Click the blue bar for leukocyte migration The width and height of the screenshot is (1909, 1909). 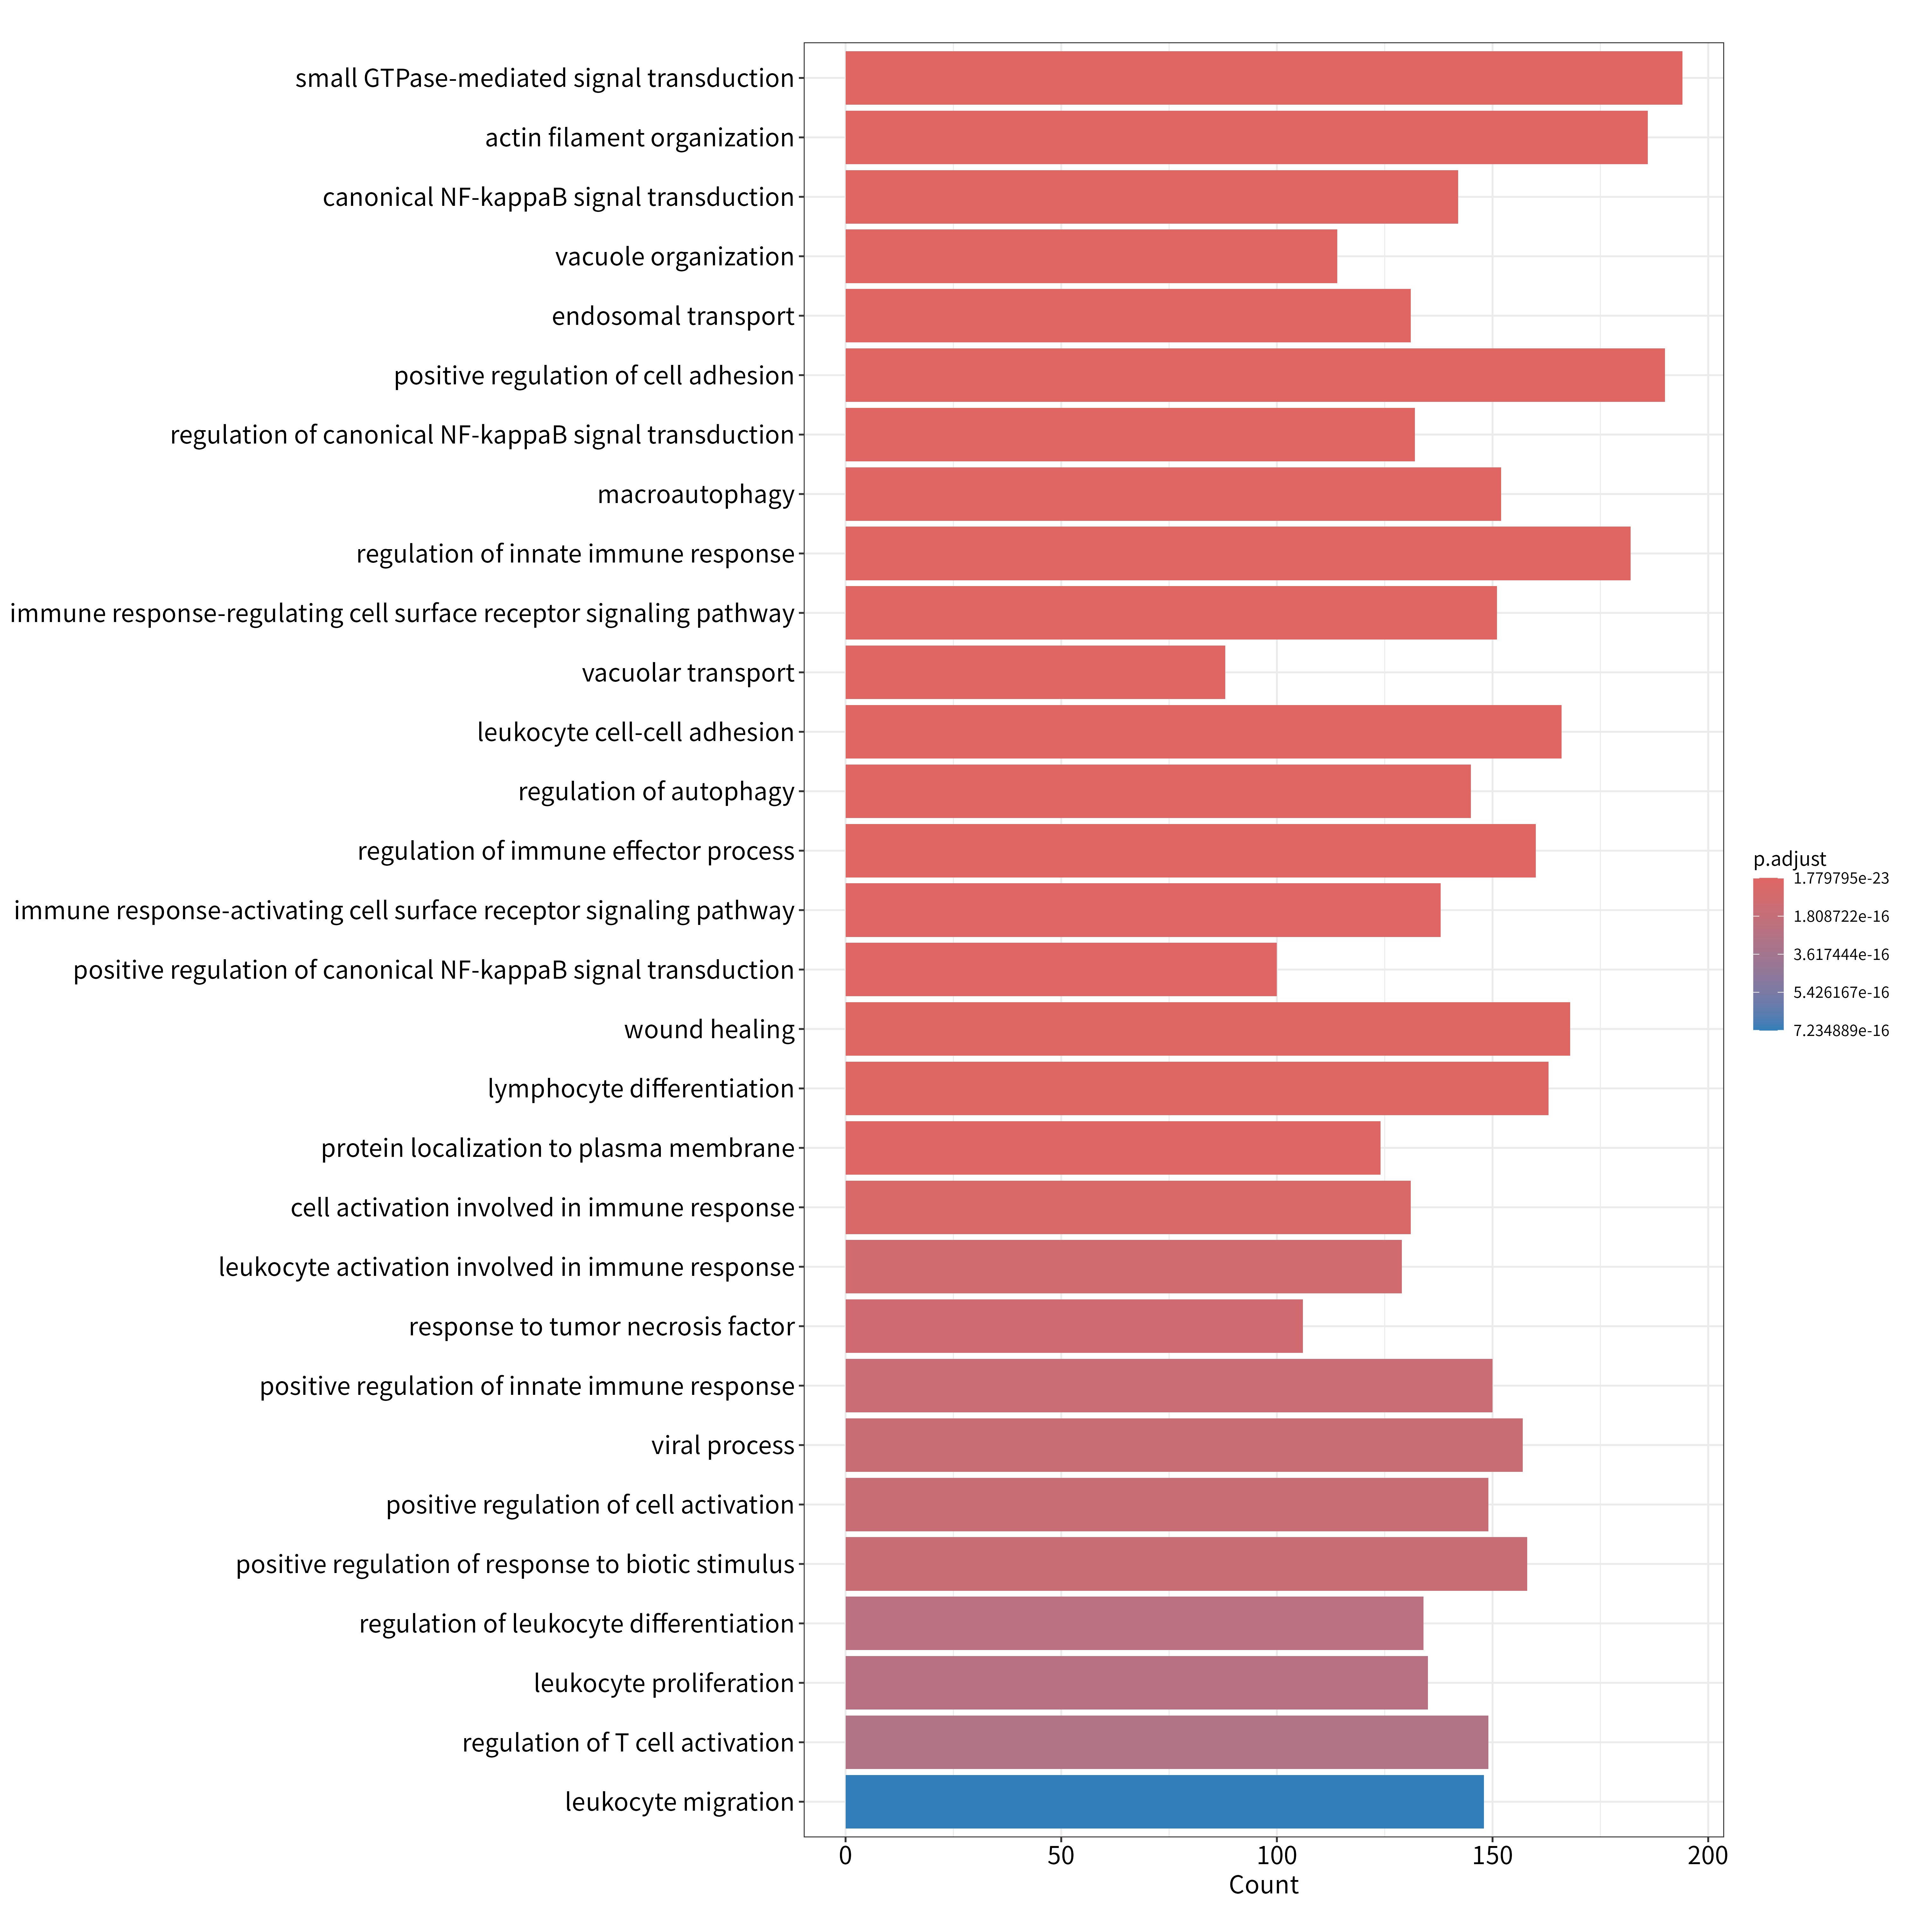pyautogui.click(x=1164, y=1801)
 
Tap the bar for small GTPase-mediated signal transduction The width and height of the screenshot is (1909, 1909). pyautogui.click(x=1264, y=78)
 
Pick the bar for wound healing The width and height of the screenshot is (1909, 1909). pyautogui.click(x=1207, y=1029)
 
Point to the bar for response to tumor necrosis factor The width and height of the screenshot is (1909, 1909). pyautogui.click(x=1074, y=1326)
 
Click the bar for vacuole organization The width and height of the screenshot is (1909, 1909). pyautogui.click(x=1091, y=256)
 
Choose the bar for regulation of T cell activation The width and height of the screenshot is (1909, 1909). pyautogui.click(x=1167, y=1742)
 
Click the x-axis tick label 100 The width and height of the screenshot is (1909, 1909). pyautogui.click(x=1276, y=1856)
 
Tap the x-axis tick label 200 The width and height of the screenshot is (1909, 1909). pyautogui.click(x=1707, y=1856)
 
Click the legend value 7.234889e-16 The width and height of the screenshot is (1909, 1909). pyautogui.click(x=1841, y=1031)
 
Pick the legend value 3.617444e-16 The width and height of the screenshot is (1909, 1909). pyautogui.click(x=1841, y=954)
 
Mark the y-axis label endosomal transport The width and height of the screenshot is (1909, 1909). pyautogui.click(x=673, y=316)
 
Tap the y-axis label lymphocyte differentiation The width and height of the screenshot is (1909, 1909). pyautogui.click(x=641, y=1089)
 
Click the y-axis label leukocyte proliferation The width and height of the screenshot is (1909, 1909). pyautogui.click(x=664, y=1683)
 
